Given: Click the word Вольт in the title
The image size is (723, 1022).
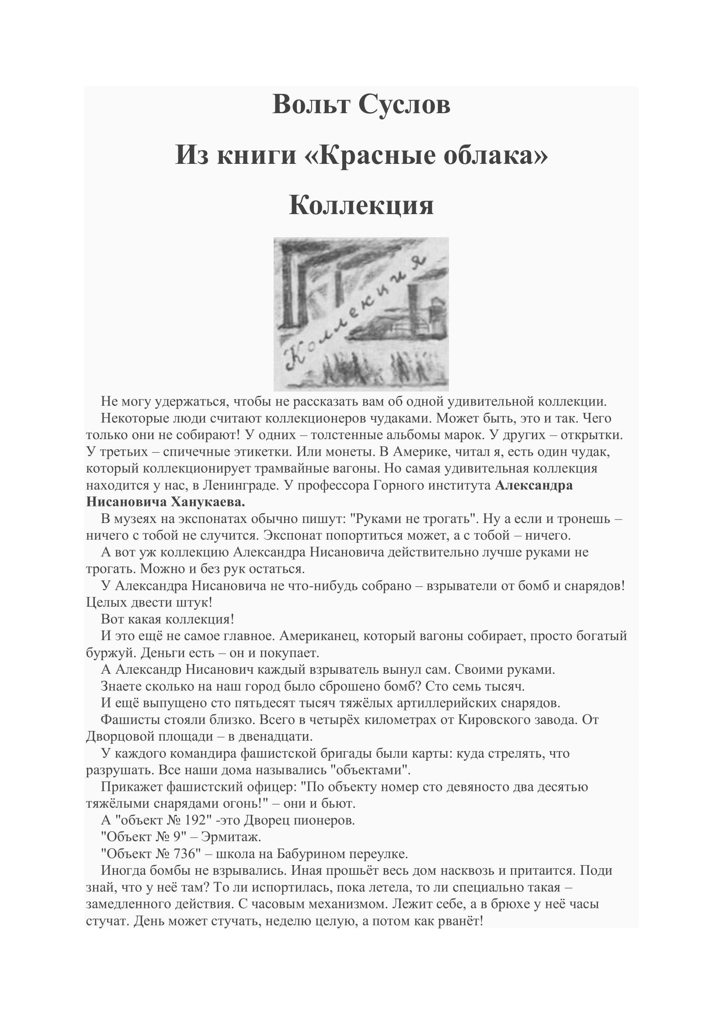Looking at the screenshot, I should (x=311, y=105).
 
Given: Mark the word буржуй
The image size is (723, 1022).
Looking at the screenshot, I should (x=111, y=653).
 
